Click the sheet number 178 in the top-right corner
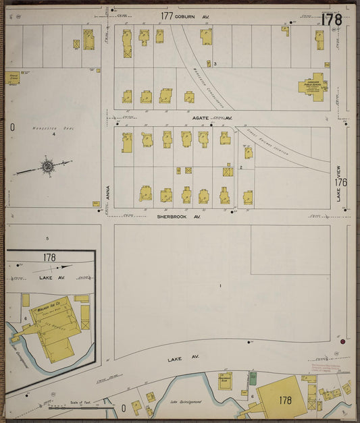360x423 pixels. point(332,20)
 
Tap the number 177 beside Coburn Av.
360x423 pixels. point(167,16)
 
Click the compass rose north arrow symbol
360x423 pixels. point(47,165)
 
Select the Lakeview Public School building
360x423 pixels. point(313,86)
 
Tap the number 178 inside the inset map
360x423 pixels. point(49,258)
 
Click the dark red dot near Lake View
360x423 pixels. point(342,342)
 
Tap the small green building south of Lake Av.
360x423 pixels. point(253,378)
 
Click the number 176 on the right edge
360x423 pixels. point(340,182)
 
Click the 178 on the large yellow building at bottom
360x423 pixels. point(284,401)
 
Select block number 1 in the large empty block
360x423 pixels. point(220,286)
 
